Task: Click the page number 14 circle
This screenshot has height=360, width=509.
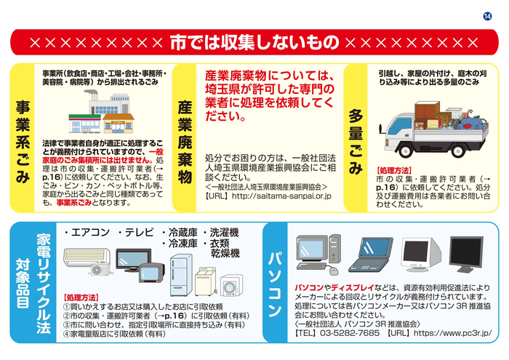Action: (x=487, y=16)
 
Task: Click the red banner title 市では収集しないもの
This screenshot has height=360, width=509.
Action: (x=254, y=42)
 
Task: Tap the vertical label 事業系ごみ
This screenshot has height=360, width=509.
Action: (x=23, y=142)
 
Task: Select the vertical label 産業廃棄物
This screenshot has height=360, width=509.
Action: (x=185, y=142)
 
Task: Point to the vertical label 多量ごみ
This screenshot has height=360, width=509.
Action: (x=356, y=142)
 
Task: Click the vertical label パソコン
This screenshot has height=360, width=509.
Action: (x=275, y=284)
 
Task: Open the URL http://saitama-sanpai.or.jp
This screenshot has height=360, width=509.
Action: (x=281, y=196)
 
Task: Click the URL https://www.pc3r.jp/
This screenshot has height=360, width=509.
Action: (x=452, y=333)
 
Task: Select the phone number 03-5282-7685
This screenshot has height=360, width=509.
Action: (x=349, y=333)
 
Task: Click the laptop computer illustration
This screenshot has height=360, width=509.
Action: (x=371, y=255)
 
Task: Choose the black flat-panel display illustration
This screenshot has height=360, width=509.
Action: (x=466, y=254)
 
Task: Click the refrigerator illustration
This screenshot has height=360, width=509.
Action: (x=181, y=276)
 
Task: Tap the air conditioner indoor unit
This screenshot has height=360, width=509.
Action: (x=87, y=257)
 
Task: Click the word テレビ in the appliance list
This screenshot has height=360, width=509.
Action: (x=140, y=233)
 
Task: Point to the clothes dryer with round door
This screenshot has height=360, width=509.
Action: (x=231, y=285)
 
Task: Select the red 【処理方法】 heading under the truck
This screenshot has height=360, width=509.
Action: (x=394, y=170)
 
